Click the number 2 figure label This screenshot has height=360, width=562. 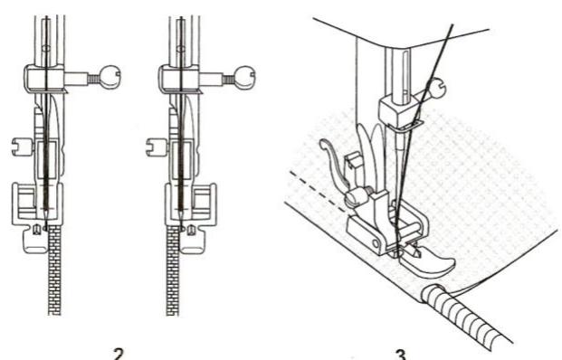[118, 352]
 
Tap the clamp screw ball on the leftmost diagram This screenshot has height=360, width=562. [112, 75]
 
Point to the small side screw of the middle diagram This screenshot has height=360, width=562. [151, 142]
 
